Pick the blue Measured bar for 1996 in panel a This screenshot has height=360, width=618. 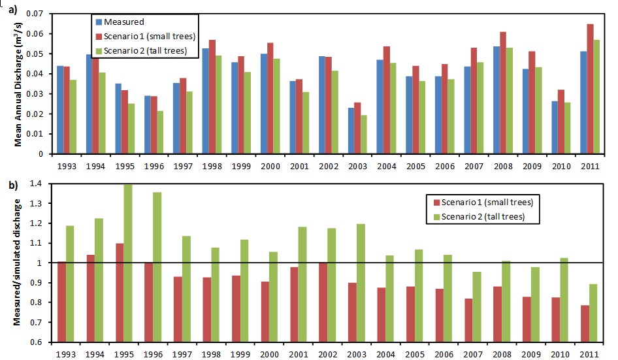tap(148, 125)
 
